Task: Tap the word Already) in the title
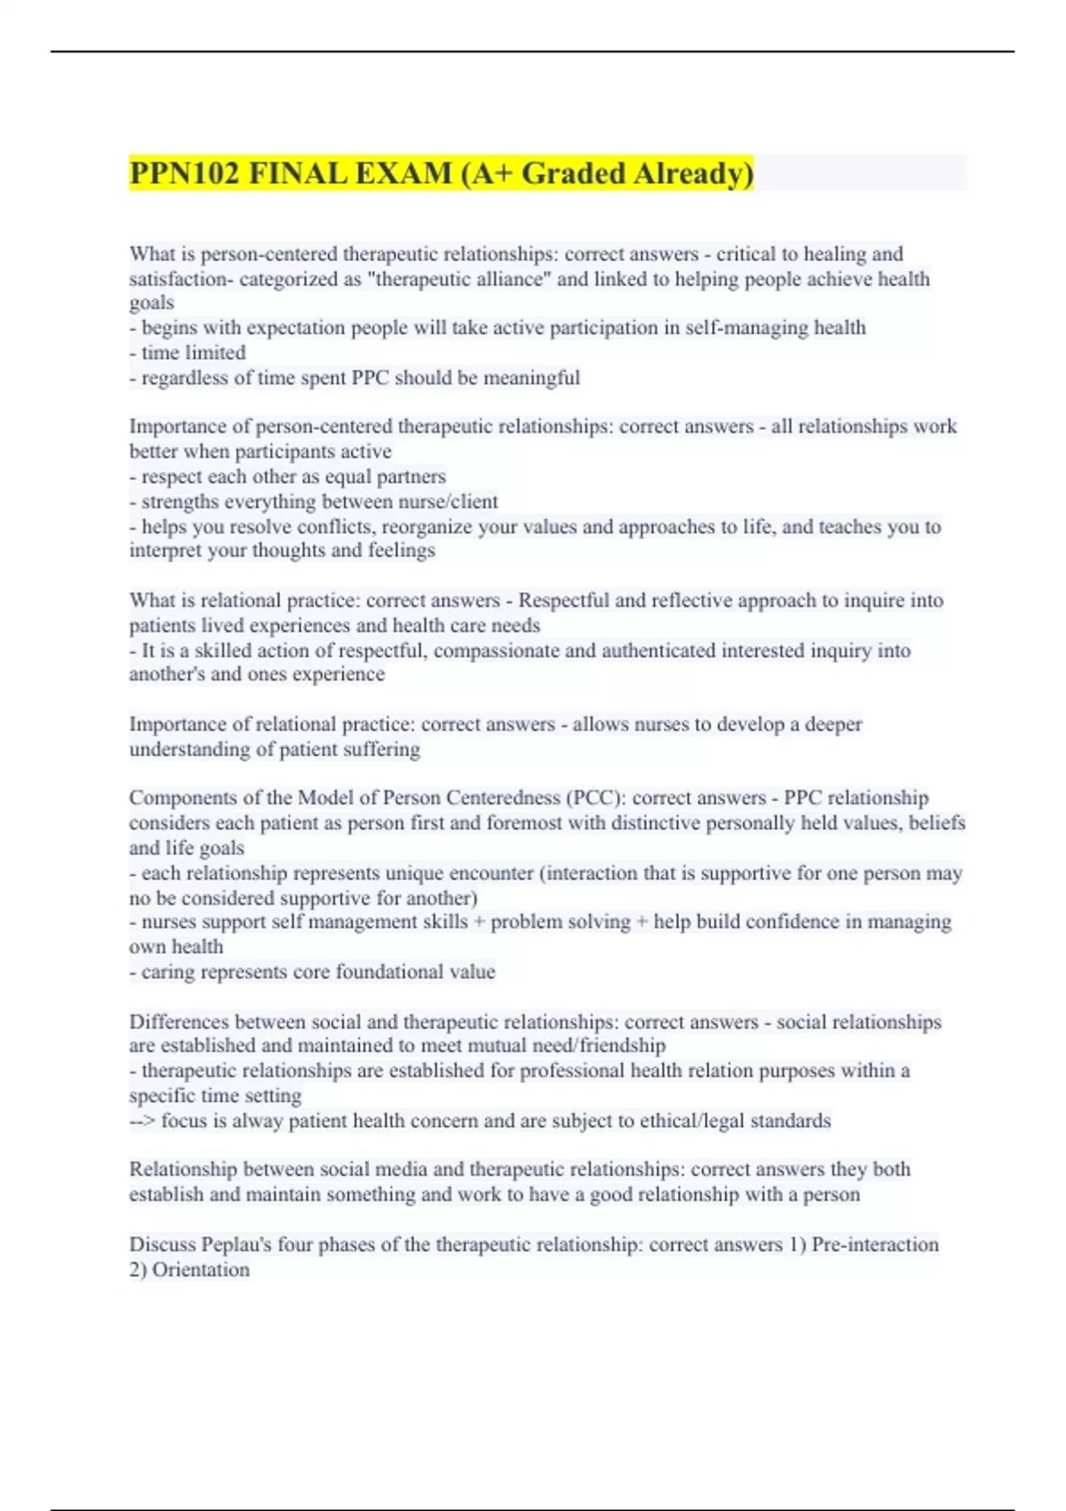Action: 694,173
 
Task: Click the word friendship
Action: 622,1046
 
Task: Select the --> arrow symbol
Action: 142,1121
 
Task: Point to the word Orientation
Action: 201,1269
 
